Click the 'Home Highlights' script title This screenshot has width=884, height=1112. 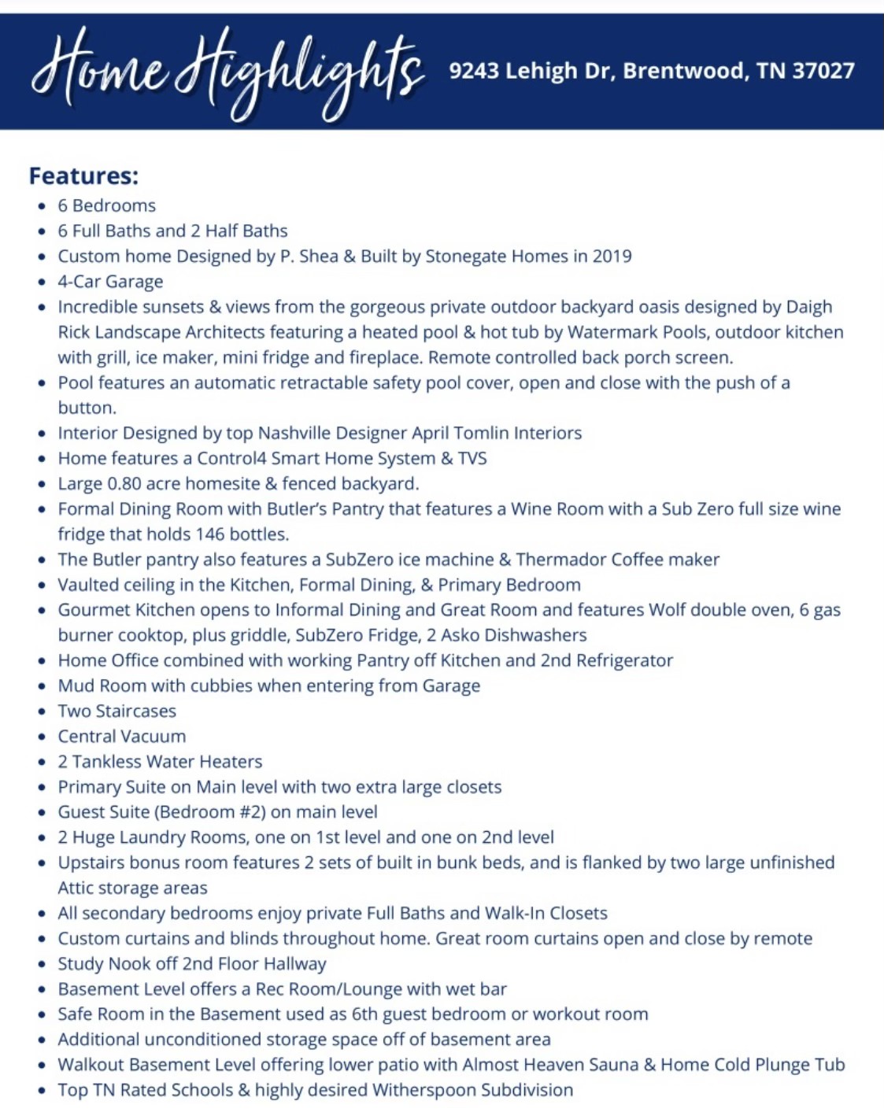point(228,71)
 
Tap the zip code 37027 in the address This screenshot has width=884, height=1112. point(823,71)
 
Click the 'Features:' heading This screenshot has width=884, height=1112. point(83,175)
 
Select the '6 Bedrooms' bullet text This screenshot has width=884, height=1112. point(106,205)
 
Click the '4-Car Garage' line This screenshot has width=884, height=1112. point(110,281)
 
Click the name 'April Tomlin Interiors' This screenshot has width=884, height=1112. point(497,433)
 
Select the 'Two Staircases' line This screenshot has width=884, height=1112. point(117,711)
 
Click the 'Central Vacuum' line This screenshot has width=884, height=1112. point(122,736)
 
